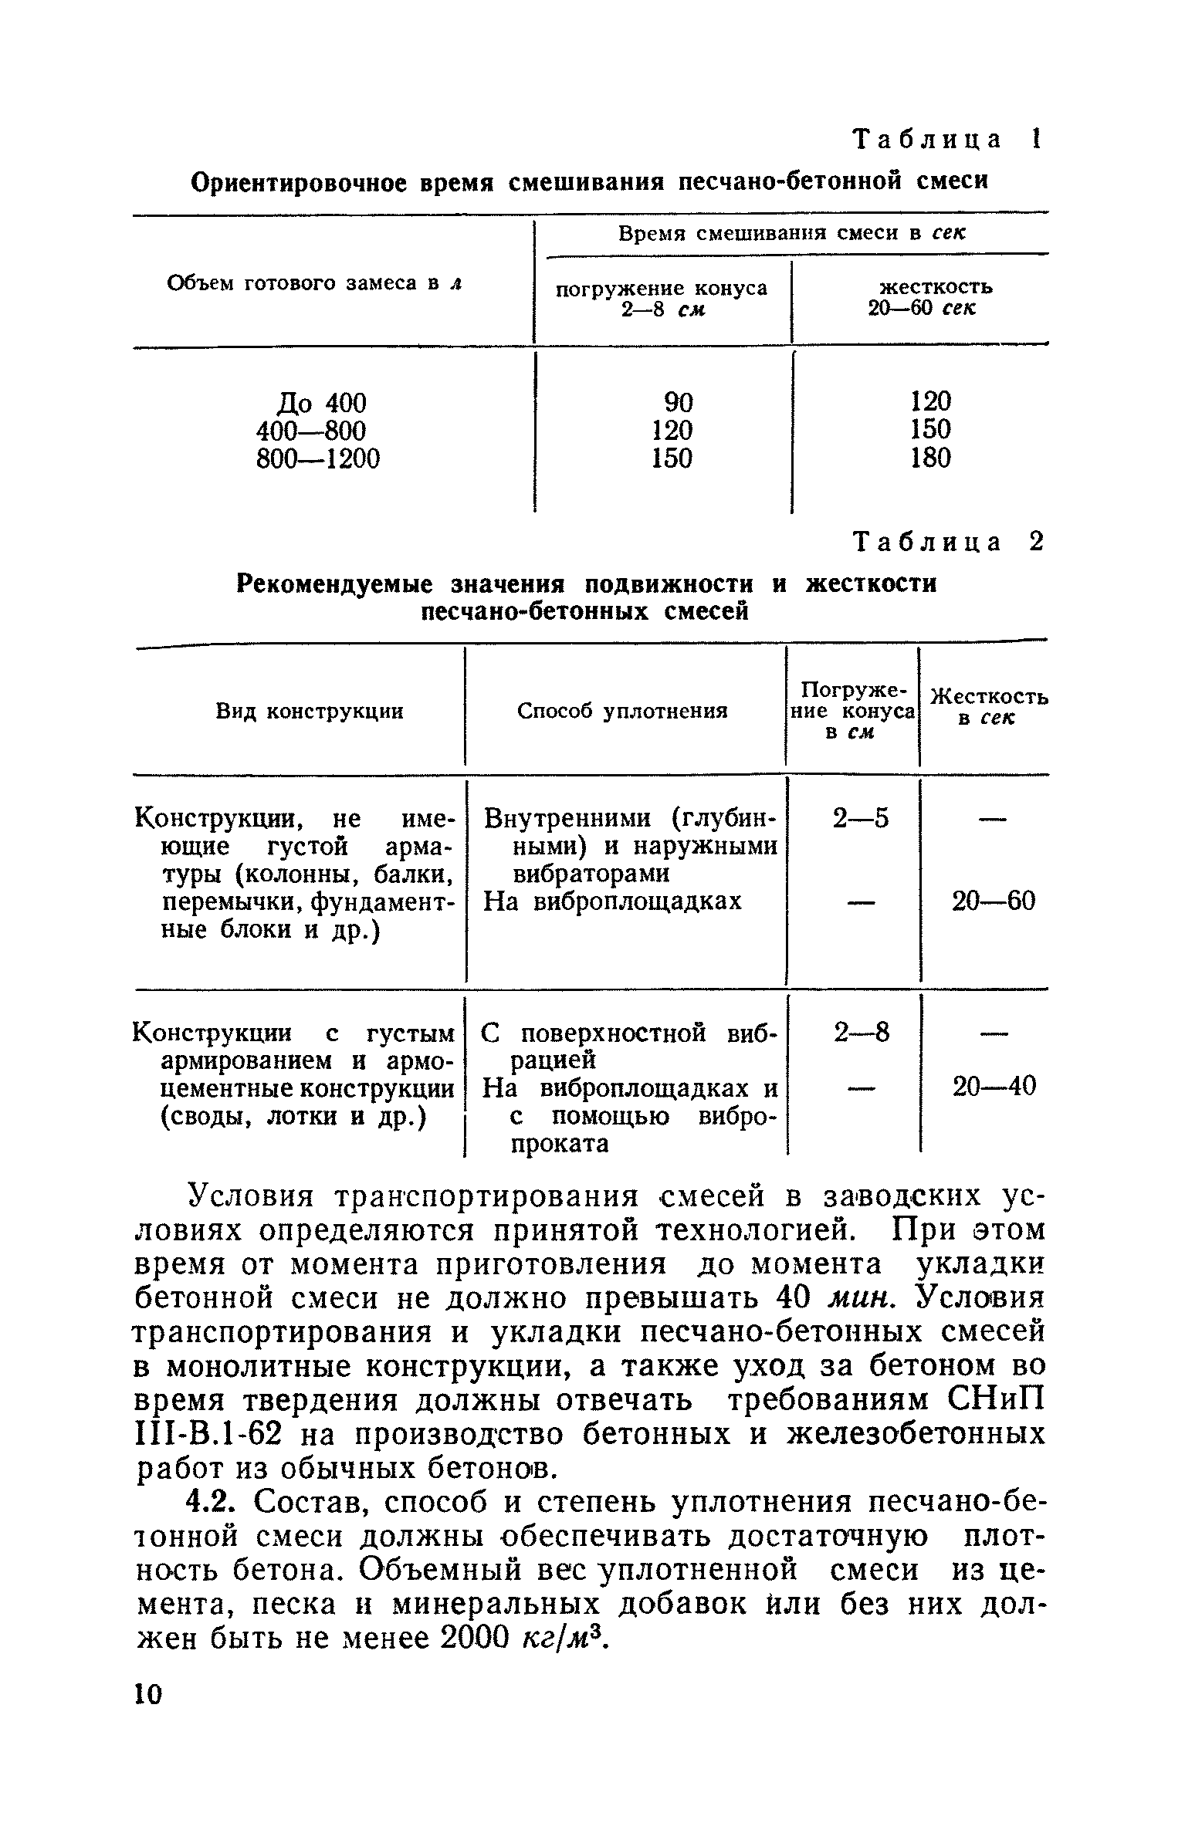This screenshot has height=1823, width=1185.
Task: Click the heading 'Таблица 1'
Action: pos(946,140)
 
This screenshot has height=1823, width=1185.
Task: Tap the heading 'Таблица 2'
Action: pos(948,543)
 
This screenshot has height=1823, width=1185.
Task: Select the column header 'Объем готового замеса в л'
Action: pos(314,283)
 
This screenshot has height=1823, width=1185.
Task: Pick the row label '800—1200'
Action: pos(318,459)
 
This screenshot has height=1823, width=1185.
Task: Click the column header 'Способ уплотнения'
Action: pos(622,711)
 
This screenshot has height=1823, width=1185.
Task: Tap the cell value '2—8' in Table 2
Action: pos(862,1032)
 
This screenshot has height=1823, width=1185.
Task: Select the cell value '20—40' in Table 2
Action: pos(994,1087)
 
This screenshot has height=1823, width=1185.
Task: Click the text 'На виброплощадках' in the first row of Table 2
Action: pos(611,901)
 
